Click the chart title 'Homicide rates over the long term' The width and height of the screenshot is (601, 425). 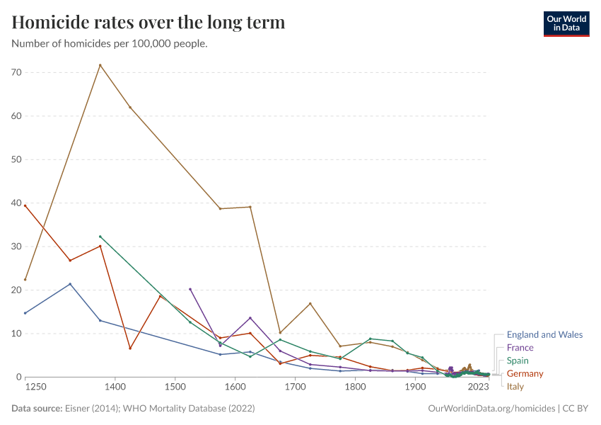click(148, 23)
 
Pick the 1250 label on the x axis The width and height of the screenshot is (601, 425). click(35, 387)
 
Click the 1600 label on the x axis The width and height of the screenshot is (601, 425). click(235, 387)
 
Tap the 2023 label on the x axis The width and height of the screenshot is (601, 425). click(479, 387)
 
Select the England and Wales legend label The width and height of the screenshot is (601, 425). click(544, 335)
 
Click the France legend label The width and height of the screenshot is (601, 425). click(520, 348)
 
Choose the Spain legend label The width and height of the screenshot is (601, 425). click(518, 361)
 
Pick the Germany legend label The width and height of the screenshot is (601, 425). click(525, 373)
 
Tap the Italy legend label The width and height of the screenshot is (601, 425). click(515, 387)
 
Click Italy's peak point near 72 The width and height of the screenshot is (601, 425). click(100, 65)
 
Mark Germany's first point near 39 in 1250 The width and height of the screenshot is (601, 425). click(25, 205)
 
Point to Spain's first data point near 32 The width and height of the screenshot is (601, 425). click(100, 237)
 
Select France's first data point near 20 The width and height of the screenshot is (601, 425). click(190, 289)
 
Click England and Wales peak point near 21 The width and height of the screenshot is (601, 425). click(70, 284)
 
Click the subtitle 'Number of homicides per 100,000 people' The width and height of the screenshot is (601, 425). click(110, 44)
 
